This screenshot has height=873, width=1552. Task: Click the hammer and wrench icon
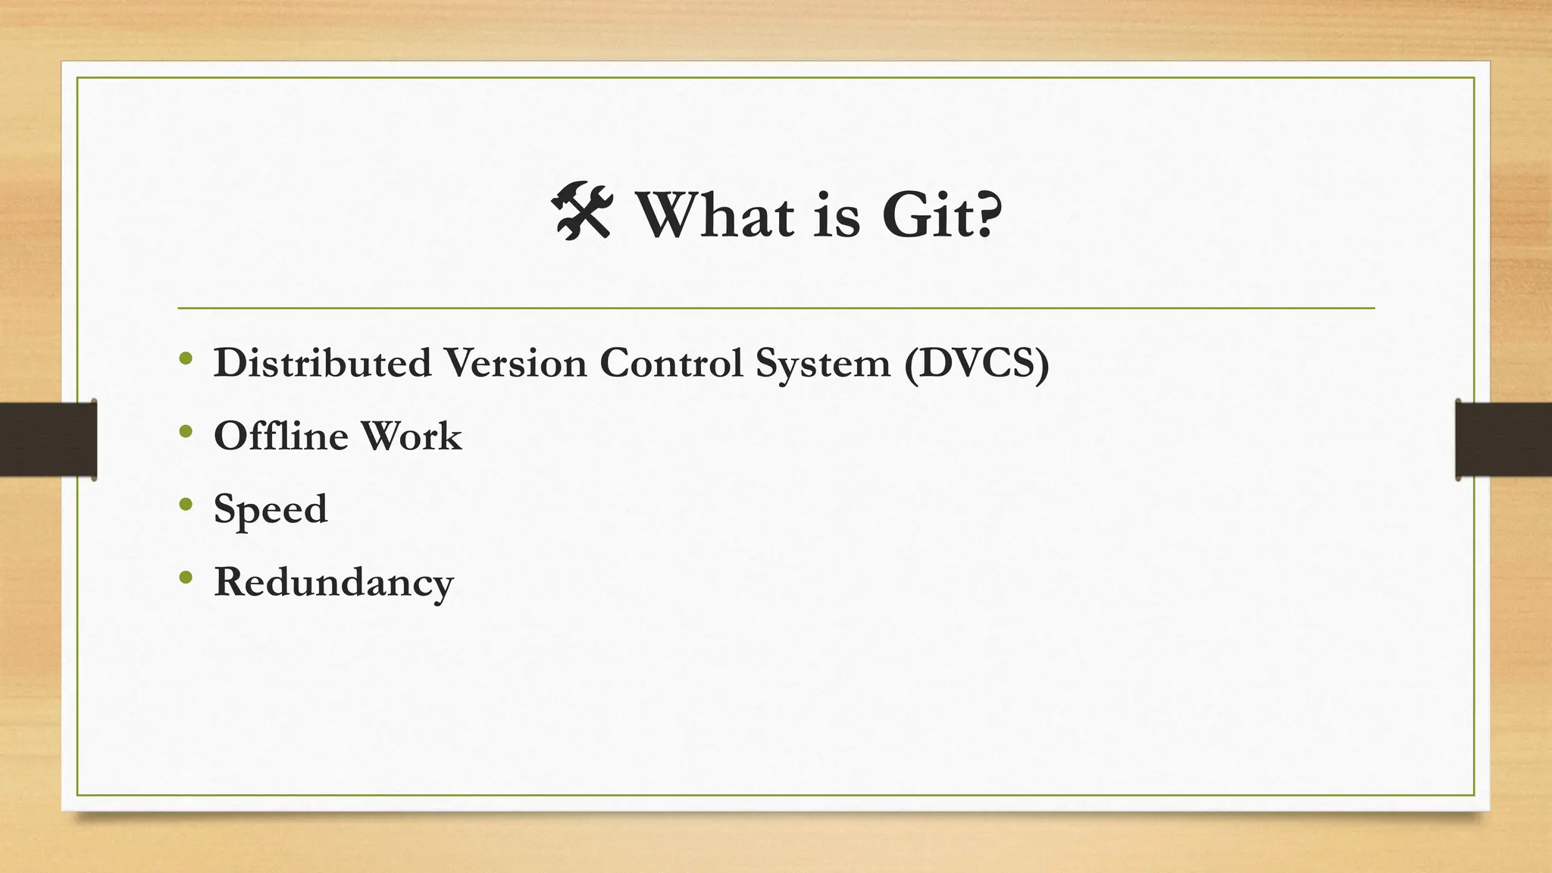[x=581, y=211]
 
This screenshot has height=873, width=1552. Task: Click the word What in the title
[x=715, y=215]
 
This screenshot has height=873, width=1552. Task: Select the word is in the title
[x=837, y=215]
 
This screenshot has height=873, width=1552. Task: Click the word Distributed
[x=323, y=363]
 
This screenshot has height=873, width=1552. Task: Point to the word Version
[x=515, y=363]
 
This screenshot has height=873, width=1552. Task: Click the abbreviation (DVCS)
[x=977, y=363]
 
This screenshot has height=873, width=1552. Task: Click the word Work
[x=411, y=436]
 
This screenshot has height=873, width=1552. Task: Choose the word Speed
[x=271, y=509]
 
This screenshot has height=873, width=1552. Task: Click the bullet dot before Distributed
[x=186, y=358]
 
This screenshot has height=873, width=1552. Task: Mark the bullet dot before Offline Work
[x=186, y=431]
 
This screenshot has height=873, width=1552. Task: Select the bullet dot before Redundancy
[x=186, y=578]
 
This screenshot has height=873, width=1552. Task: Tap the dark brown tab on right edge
[x=1503, y=440]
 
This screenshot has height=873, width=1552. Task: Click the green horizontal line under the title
[x=776, y=308]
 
